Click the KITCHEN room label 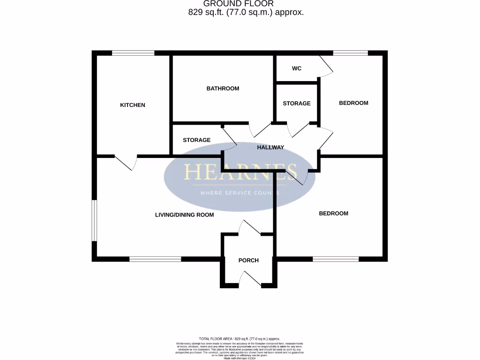(133, 105)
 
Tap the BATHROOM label (223, 89)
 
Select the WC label (296, 68)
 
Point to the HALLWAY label (270, 147)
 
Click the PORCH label (248, 261)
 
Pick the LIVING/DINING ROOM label (184, 215)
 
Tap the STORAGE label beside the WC (296, 103)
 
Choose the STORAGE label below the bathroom (196, 140)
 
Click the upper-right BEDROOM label (353, 103)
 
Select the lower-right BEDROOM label (333, 213)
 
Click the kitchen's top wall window (133, 53)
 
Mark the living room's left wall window (94, 220)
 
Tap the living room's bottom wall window (155, 259)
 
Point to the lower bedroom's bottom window (336, 259)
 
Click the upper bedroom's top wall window (350, 53)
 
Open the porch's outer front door (250, 279)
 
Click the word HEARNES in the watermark (240, 172)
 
